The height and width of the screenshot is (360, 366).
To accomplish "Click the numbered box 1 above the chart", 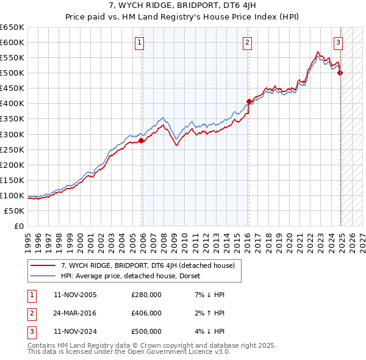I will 140,42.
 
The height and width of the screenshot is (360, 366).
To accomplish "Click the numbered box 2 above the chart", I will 248,42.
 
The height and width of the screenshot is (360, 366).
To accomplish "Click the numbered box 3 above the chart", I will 338,42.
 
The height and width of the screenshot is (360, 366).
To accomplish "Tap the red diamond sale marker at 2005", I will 142,140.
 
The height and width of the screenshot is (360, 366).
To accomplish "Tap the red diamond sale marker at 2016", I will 249,101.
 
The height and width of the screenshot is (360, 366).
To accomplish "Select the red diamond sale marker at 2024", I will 340,73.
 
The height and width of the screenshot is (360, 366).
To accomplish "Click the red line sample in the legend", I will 43,265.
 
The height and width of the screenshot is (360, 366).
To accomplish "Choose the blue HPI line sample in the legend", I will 43,276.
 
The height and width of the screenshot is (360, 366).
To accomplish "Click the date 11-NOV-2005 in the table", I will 75,295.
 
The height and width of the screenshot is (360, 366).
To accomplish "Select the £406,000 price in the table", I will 146,313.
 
